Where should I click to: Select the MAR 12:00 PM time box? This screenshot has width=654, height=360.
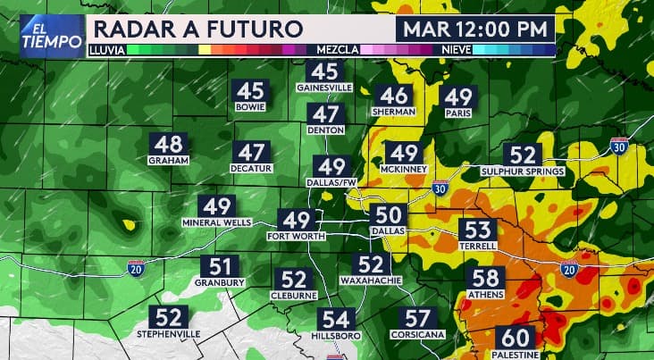[474, 28]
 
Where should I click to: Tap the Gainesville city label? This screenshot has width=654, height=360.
[325, 88]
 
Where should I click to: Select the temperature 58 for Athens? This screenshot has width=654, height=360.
[486, 279]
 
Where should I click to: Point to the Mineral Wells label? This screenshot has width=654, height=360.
[217, 222]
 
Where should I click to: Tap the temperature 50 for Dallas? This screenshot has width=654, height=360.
[389, 214]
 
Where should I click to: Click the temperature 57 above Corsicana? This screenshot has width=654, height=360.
[418, 318]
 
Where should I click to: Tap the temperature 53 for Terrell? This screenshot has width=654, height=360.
[479, 230]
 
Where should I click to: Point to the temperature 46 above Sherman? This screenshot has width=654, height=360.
[394, 96]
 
